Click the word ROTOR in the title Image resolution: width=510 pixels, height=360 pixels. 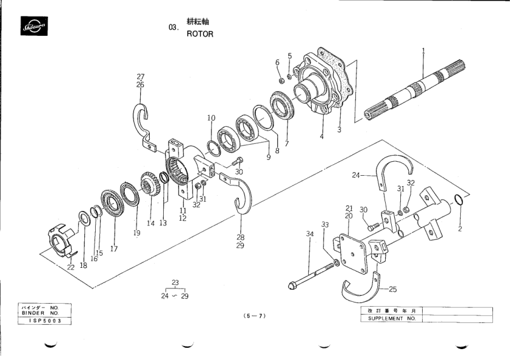tap(200, 34)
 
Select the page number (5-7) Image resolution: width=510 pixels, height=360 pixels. tap(255, 316)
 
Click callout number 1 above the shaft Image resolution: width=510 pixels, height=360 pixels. tap(423, 50)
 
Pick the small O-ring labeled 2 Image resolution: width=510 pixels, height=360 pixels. tap(460, 201)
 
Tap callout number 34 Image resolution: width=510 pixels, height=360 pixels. tap(310, 233)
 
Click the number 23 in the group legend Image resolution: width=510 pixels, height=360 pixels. tap(175, 282)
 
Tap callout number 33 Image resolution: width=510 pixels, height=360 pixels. tap(326, 225)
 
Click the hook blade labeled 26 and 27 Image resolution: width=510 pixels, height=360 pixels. tap(143, 121)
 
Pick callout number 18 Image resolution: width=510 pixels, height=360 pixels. tap(84, 265)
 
